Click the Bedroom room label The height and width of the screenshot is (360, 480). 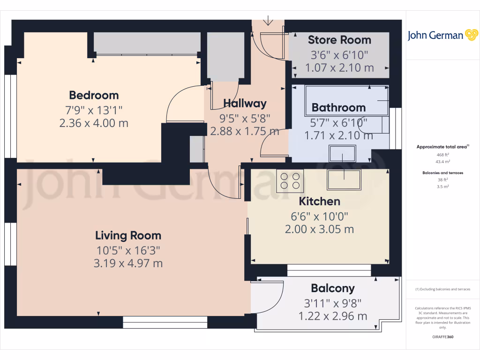click(x=94, y=96)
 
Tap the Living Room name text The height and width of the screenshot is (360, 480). click(x=128, y=236)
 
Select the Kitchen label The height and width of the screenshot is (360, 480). click(x=320, y=202)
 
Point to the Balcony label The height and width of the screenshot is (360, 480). click(x=333, y=288)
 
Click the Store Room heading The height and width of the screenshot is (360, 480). click(x=339, y=40)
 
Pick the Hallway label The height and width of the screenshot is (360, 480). click(x=245, y=104)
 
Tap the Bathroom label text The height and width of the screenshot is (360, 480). click(x=338, y=108)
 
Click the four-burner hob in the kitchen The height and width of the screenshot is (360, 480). click(x=290, y=181)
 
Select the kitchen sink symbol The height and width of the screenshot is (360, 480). click(x=345, y=179)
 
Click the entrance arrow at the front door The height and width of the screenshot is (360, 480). click(x=269, y=20)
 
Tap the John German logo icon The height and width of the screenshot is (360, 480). click(x=471, y=35)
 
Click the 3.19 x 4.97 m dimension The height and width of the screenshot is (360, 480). click(x=128, y=263)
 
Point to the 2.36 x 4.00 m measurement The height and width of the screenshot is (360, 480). click(x=94, y=124)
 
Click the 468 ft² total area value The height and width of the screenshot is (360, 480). click(x=443, y=154)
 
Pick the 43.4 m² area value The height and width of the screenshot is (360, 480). click(x=443, y=161)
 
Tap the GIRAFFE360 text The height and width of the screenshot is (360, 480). click(x=443, y=337)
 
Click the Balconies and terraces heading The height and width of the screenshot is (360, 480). click(x=443, y=173)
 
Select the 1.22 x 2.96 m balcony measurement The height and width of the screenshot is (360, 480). click(x=333, y=317)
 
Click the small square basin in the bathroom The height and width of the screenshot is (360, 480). click(x=343, y=153)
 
